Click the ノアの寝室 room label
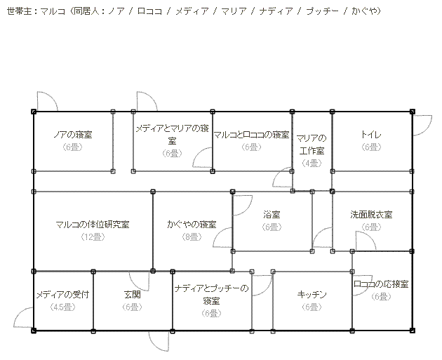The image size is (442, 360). click(x=74, y=134)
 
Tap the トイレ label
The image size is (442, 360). click(x=371, y=134)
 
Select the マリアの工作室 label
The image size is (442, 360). click(x=312, y=144)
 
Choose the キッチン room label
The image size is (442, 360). click(x=312, y=295)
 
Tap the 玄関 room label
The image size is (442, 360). click(x=133, y=295)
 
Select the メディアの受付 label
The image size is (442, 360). click(x=62, y=295)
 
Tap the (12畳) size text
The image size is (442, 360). click(x=93, y=236)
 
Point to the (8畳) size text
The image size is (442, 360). click(x=192, y=236)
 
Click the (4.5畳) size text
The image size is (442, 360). click(x=62, y=307)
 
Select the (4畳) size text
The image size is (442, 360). click(x=312, y=163)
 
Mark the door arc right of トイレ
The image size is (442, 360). click(x=423, y=124)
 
